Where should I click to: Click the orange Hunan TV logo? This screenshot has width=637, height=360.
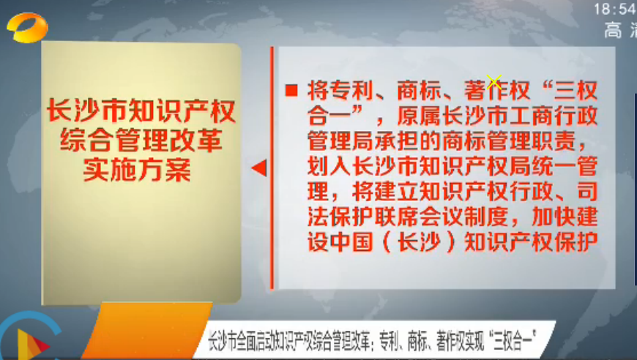27,27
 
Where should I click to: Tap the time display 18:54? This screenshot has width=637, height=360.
615,9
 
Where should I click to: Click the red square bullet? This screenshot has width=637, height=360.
291,90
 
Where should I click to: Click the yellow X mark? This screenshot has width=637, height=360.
493,83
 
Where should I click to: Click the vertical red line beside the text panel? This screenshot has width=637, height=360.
272,168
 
